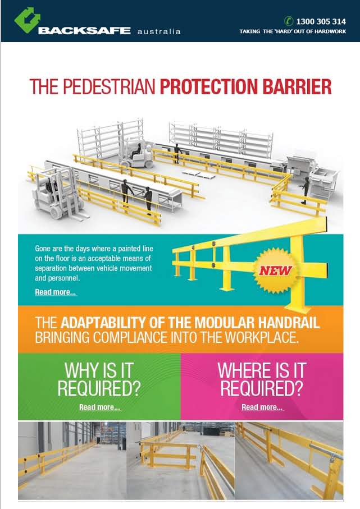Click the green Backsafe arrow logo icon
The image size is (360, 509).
25,20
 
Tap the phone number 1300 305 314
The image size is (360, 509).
322,21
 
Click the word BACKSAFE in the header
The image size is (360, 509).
84,30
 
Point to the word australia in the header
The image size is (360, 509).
159,31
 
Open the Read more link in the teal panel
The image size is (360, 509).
56,292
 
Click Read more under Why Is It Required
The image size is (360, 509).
99,407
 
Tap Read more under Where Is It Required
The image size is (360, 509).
262,407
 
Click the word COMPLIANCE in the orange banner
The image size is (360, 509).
130,338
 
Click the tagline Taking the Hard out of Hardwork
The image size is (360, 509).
293,31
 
